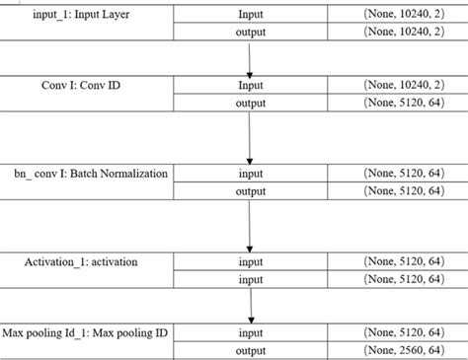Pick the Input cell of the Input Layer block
tap(251, 15)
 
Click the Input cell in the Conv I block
tap(251, 86)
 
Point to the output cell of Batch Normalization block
tap(251, 191)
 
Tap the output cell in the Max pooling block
tap(251, 351)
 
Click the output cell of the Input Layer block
tap(251, 33)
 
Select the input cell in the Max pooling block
tap(251, 333)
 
